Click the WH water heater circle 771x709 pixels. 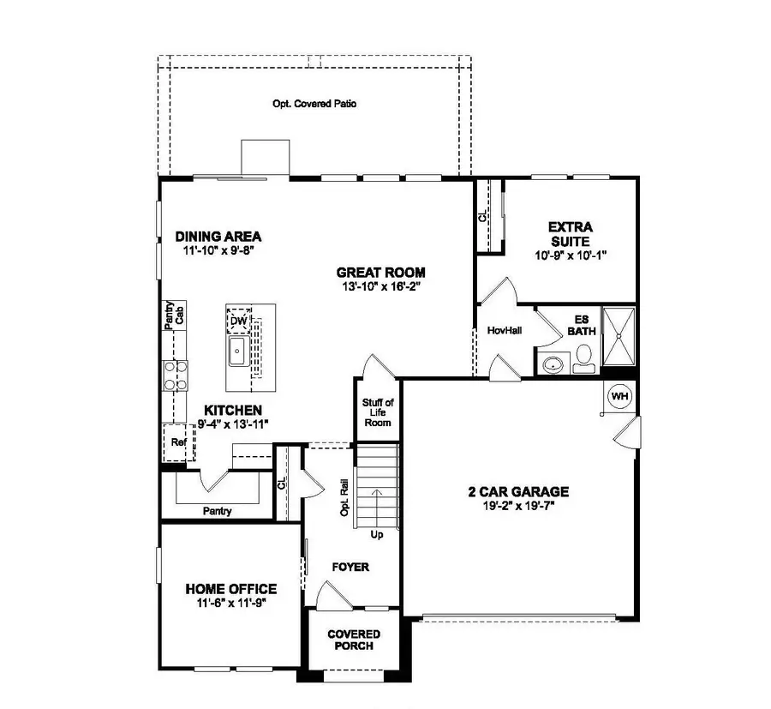tap(619, 397)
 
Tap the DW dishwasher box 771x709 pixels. tap(239, 321)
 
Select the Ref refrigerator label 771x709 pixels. tap(177, 442)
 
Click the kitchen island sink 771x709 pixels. tap(237, 351)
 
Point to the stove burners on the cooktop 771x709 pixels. tap(176, 376)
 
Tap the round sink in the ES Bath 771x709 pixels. tap(553, 364)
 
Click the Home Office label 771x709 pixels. tap(231, 589)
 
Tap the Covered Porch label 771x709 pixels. tap(354, 640)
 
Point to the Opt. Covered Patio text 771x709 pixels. tap(314, 104)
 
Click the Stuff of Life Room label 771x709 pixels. tap(378, 412)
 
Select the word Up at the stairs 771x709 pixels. tap(376, 534)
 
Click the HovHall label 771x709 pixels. tap(504, 329)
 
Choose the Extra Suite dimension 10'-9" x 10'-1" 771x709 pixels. tap(571, 255)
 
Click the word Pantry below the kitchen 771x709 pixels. tap(217, 511)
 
